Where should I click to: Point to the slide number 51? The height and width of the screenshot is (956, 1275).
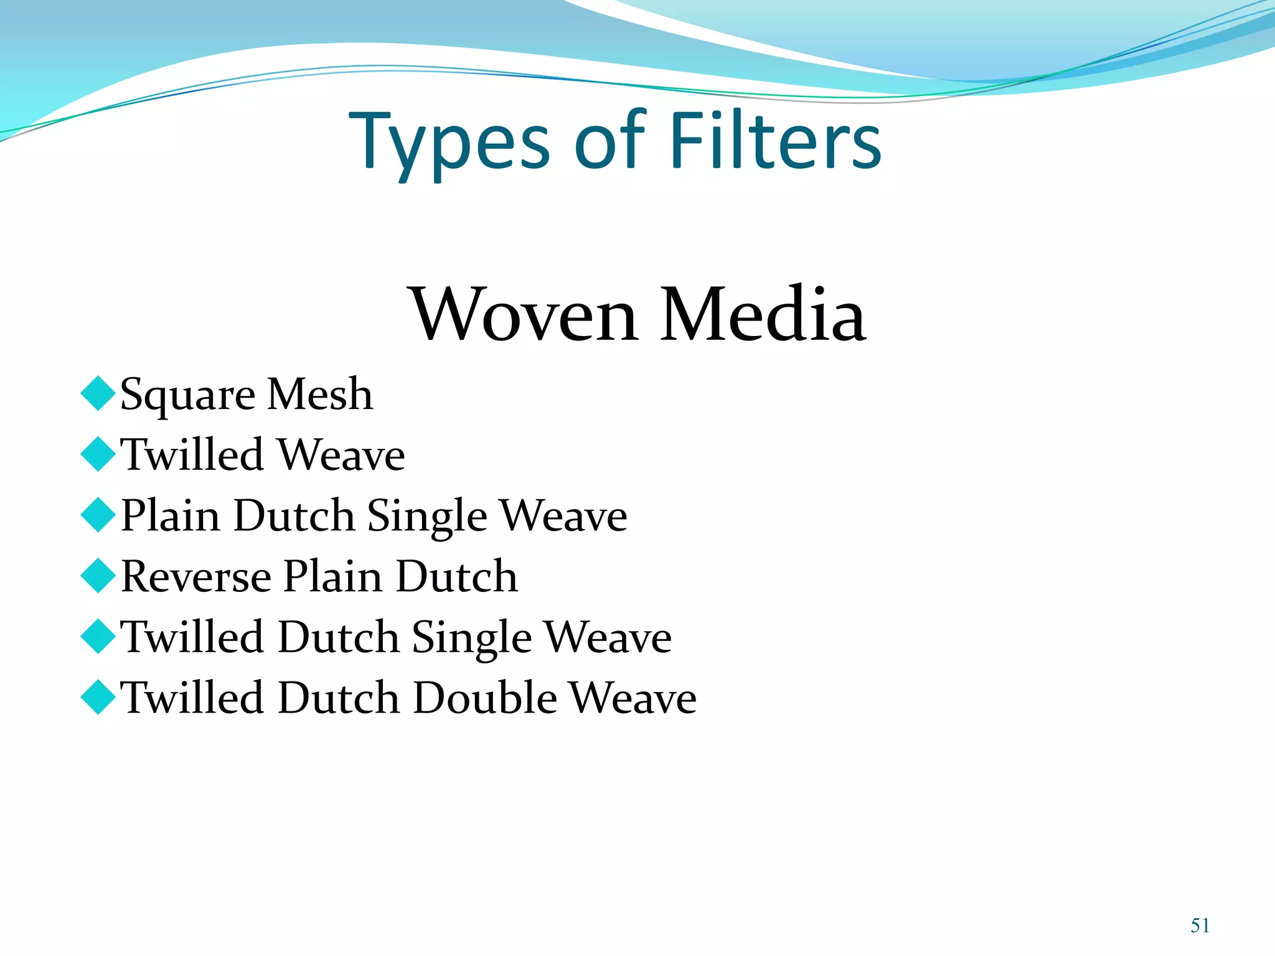point(1200,926)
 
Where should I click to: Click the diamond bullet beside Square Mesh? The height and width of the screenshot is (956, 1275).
point(98,393)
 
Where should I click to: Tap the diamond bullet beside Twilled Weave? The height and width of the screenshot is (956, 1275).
point(98,454)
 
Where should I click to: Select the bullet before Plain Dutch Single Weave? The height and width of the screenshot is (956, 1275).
point(98,515)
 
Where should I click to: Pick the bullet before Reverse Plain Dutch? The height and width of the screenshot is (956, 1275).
point(98,575)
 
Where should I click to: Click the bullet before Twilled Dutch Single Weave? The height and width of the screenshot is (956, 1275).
point(98,636)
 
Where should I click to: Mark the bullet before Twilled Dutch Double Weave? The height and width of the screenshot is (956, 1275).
point(98,696)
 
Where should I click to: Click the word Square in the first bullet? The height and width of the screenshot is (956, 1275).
point(187,396)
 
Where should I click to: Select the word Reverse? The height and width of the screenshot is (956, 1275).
point(196,576)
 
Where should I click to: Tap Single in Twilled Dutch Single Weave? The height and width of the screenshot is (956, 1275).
point(472,639)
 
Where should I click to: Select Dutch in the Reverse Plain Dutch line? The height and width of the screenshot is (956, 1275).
point(456,576)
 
